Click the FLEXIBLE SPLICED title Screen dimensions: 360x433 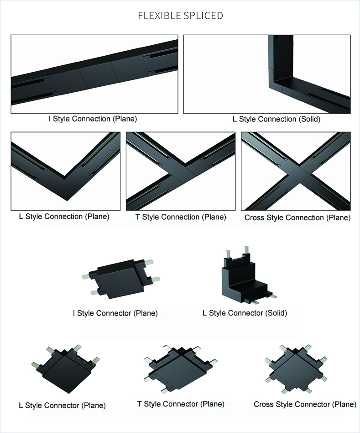pos(180,16)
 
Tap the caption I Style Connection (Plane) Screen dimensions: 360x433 pos(93,119)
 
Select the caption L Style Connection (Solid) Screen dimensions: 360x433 pos(277,119)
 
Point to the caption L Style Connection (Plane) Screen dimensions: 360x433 pos(64,216)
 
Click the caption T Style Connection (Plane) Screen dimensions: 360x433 pos(181,217)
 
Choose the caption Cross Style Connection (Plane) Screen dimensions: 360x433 pos(297,217)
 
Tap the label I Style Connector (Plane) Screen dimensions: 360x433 pos(115,313)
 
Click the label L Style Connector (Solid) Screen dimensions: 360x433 pos(245,313)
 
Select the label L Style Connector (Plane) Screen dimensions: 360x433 pos(62,406)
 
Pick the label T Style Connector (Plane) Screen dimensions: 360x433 pos(181,404)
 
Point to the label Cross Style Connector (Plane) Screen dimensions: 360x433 pos(305,404)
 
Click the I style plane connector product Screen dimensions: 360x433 pos(121,279)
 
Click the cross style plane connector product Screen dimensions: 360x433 pos(296,369)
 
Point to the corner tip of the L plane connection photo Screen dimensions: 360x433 pos(67,201)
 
